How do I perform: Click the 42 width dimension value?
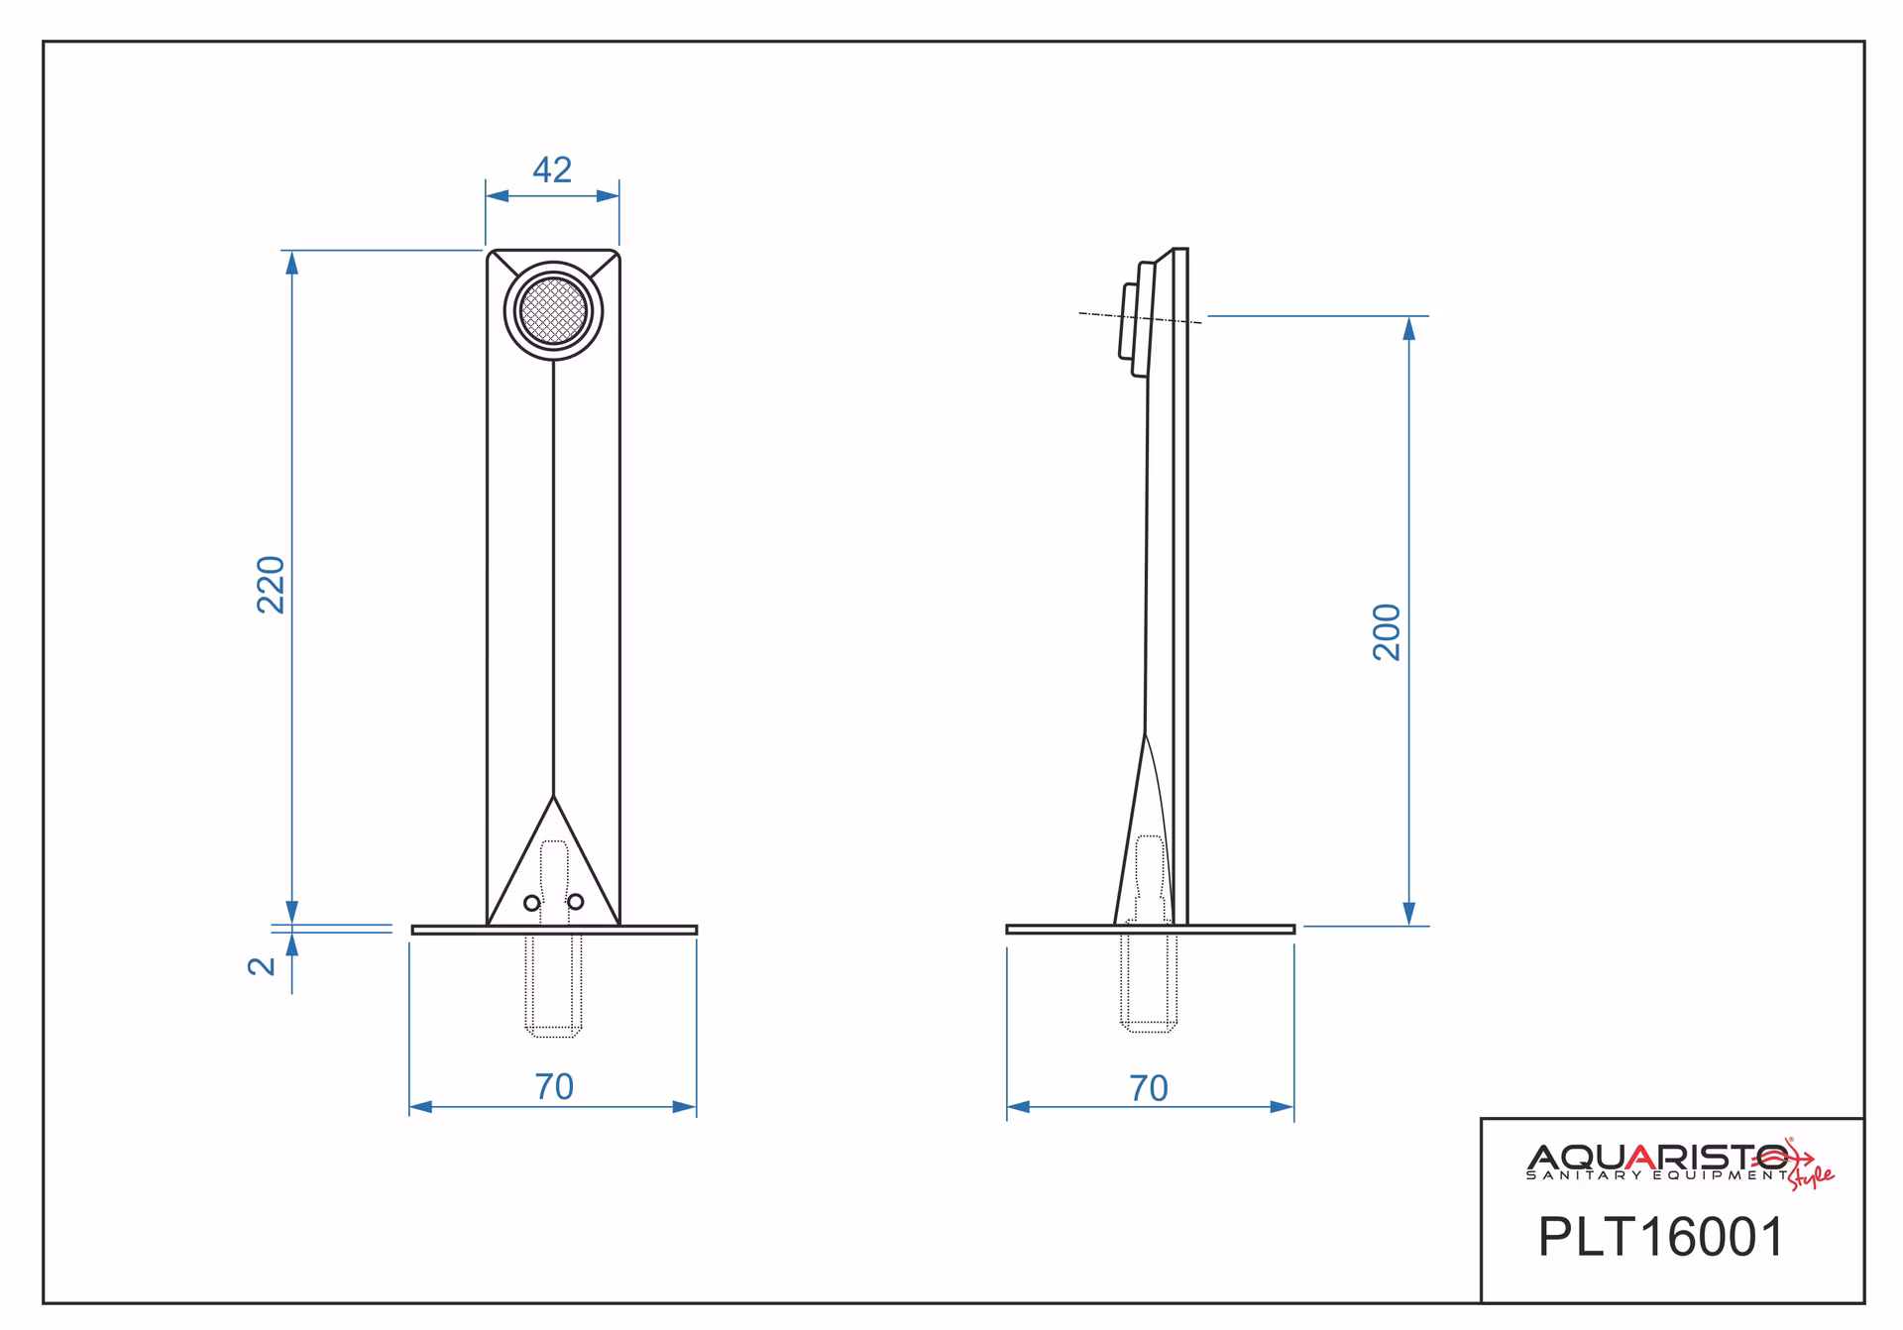click(552, 170)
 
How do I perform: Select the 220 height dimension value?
click(271, 585)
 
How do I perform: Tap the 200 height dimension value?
click(1387, 632)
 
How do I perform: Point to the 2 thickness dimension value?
click(262, 966)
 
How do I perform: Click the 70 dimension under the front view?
click(554, 1087)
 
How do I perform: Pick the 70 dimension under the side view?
click(1149, 1089)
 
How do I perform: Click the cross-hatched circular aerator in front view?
click(554, 311)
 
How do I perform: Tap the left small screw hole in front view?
click(532, 903)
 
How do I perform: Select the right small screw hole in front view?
click(576, 902)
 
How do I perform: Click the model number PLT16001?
click(1661, 1238)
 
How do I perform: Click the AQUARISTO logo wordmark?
click(1658, 1157)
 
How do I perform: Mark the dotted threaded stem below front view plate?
click(553, 985)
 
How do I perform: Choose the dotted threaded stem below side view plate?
click(1149, 982)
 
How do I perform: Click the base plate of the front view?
click(554, 930)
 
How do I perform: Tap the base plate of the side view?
click(1150, 930)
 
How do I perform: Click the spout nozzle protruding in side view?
click(1129, 321)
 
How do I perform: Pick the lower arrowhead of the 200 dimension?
click(1409, 914)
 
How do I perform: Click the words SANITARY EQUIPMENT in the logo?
click(1658, 1175)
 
